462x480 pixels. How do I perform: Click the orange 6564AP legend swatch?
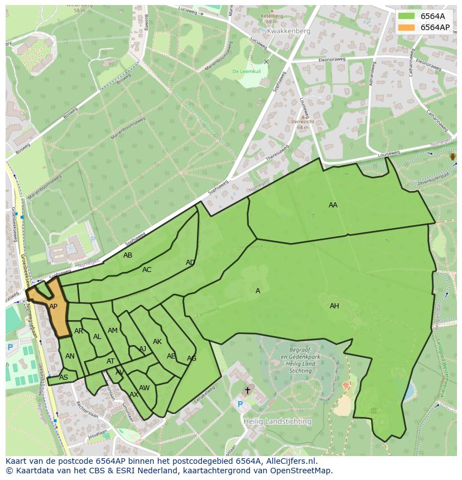click(406, 27)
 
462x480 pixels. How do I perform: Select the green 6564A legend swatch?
click(406, 16)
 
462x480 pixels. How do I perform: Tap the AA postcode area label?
click(333, 205)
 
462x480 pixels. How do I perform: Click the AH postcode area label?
click(334, 306)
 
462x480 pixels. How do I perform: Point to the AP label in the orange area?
click(53, 307)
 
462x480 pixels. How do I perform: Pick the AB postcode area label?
click(128, 255)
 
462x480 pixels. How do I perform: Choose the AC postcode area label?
click(147, 270)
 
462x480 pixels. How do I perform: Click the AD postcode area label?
click(190, 263)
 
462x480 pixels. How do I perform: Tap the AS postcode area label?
click(64, 377)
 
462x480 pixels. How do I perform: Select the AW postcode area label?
click(144, 388)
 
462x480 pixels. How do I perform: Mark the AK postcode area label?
click(157, 342)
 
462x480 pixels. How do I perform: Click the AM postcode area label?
click(113, 331)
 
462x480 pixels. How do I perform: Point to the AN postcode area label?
click(70, 356)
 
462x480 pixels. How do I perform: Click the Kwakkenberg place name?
click(288, 32)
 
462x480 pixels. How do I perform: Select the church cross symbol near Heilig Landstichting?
click(247, 390)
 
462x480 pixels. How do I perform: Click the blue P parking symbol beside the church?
click(240, 404)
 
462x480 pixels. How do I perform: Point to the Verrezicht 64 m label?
click(302, 124)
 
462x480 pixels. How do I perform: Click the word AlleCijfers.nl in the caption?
click(291, 462)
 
